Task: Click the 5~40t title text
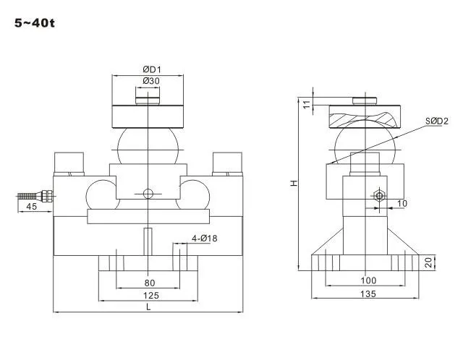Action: coord(35,23)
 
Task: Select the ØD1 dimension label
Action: coord(152,69)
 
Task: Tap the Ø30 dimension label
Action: coord(151,81)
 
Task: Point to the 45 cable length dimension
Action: coord(32,207)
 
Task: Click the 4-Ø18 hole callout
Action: coord(204,239)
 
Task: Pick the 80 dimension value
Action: coord(149,283)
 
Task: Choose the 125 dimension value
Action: coord(151,296)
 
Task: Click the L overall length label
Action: coord(148,307)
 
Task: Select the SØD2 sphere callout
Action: coord(436,121)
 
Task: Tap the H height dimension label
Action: coord(294,183)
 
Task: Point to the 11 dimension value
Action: coord(307,104)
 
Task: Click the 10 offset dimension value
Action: coord(402,204)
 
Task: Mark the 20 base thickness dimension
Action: coord(428,262)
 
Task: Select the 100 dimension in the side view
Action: coord(368,280)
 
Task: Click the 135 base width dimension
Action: coord(368,294)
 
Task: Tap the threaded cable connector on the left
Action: coord(35,196)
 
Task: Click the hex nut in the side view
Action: coord(379,196)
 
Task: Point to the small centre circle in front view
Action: coord(148,194)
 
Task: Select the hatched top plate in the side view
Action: coord(365,117)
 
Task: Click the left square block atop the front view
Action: coord(69,162)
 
